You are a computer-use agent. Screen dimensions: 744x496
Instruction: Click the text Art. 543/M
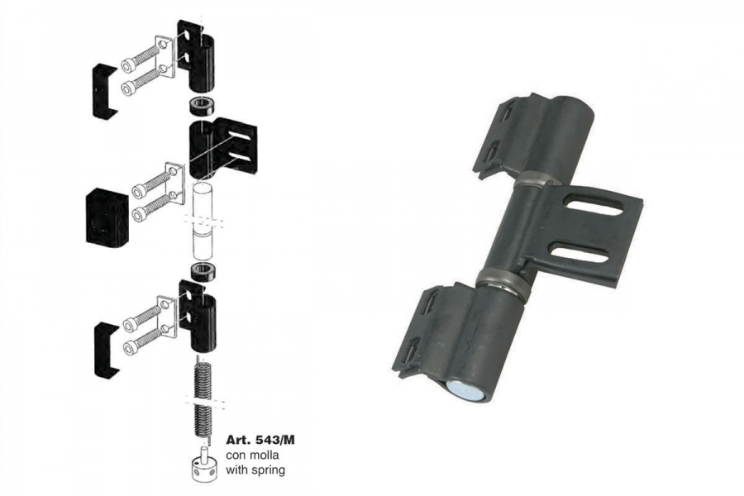[260, 440]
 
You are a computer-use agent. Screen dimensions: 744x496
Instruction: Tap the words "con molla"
[252, 455]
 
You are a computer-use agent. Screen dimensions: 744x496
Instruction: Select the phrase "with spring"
[255, 470]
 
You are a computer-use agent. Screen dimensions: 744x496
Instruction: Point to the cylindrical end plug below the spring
[204, 467]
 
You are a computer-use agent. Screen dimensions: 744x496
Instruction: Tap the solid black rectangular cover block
[107, 217]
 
